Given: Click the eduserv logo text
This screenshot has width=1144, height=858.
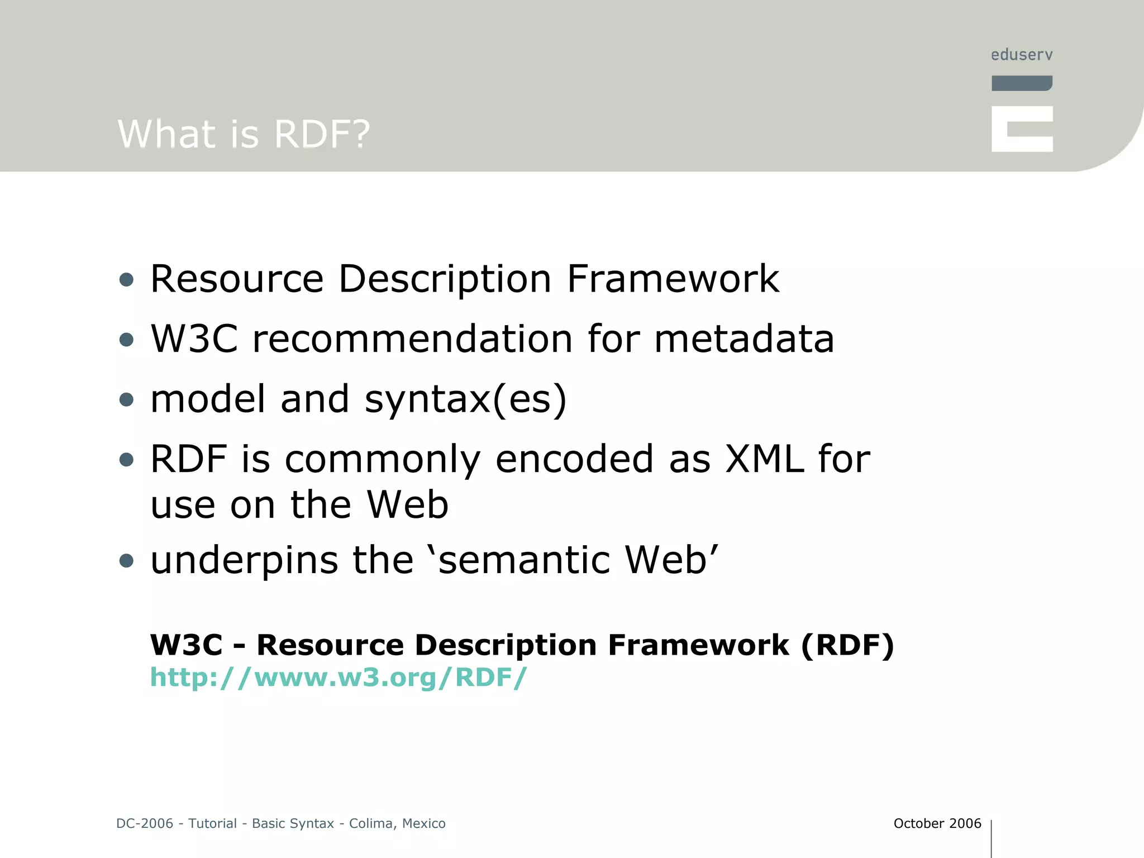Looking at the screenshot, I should (1021, 55).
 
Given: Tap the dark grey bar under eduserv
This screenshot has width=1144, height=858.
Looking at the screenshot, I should (1021, 83).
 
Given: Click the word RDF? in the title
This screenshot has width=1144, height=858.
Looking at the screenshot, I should (322, 134).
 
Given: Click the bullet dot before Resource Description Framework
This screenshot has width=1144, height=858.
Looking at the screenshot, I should (127, 279).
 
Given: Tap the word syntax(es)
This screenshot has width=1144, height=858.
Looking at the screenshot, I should (465, 400).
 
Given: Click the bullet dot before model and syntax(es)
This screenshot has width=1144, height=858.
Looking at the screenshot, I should (127, 399).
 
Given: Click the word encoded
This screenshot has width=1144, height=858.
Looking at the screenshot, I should (574, 459).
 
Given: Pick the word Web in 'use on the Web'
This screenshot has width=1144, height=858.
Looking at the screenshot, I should (407, 505).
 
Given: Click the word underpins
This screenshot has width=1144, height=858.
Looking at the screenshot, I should (244, 561).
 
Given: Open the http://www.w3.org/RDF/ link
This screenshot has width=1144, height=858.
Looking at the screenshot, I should (338, 677).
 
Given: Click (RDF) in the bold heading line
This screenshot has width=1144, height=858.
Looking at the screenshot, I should (847, 645).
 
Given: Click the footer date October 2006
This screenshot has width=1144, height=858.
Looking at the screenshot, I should (937, 823).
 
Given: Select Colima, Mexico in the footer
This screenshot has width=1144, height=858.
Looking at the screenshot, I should (397, 823).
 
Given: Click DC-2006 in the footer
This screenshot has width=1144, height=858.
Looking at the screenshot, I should (145, 823).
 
